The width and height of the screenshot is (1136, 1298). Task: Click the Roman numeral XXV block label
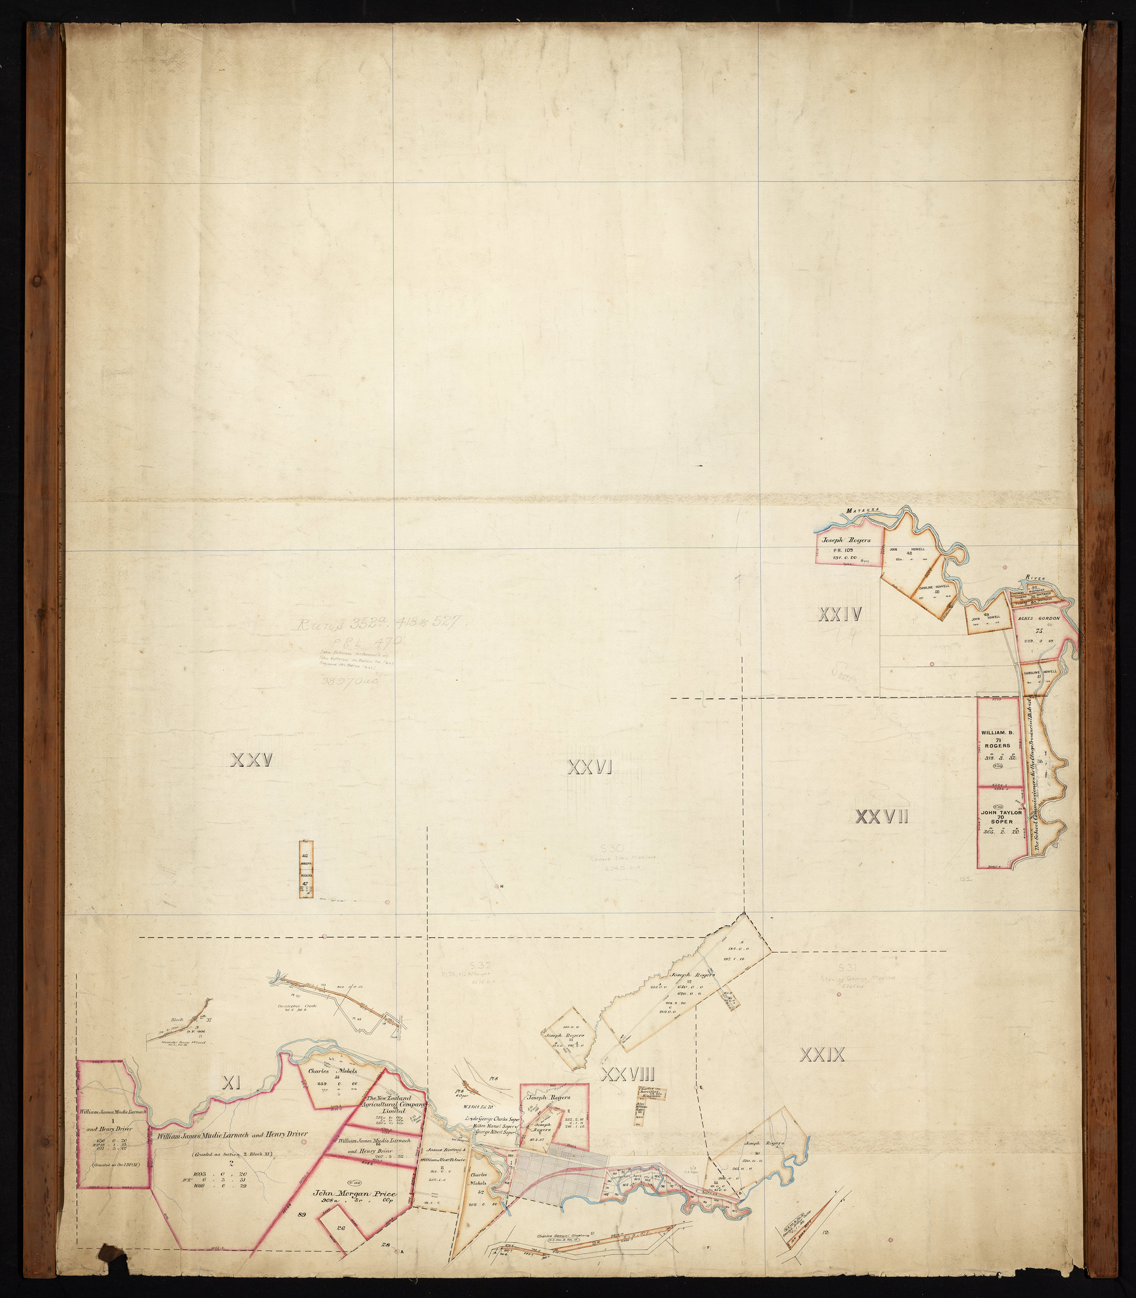pos(252,760)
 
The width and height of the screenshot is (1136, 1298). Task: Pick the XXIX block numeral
pos(823,1055)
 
